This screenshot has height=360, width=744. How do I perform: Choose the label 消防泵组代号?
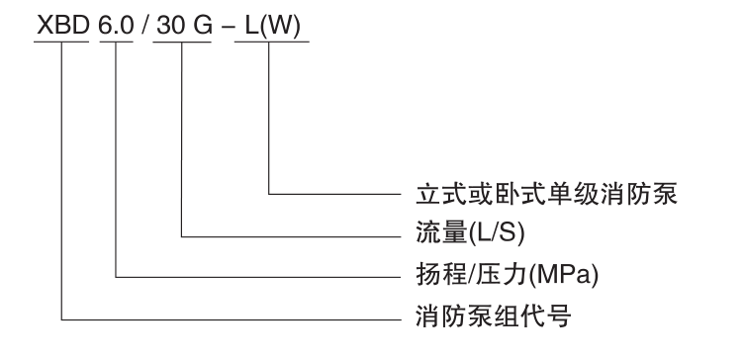pos(492,317)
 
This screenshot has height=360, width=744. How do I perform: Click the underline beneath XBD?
pos(61,42)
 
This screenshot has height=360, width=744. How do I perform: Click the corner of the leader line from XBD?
pos(62,318)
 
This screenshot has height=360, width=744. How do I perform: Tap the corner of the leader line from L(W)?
pos(269,193)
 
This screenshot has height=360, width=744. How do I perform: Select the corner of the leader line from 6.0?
pos(117,277)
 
